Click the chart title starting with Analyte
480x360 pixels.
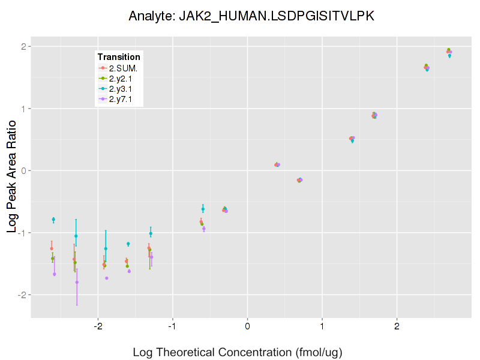click(251, 16)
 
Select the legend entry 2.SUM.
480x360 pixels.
click(123, 68)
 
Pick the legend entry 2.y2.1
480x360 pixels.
click(123, 78)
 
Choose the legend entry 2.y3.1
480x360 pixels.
click(123, 89)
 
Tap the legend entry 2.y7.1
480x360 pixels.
click(123, 99)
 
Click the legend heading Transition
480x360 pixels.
click(119, 57)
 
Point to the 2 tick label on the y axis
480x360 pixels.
click(23, 47)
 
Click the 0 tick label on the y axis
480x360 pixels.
click(23, 170)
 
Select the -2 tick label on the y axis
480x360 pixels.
click(21, 295)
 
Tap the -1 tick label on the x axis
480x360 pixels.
click(172, 326)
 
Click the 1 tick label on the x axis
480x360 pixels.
click(322, 326)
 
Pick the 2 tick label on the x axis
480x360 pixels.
click(397, 326)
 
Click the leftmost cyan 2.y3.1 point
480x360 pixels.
click(53, 220)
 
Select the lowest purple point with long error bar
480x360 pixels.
click(77, 282)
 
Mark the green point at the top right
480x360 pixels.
click(448, 50)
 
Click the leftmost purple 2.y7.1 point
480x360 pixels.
click(55, 274)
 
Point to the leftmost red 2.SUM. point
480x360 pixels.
click(52, 248)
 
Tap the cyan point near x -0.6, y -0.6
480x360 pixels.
click(203, 209)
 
